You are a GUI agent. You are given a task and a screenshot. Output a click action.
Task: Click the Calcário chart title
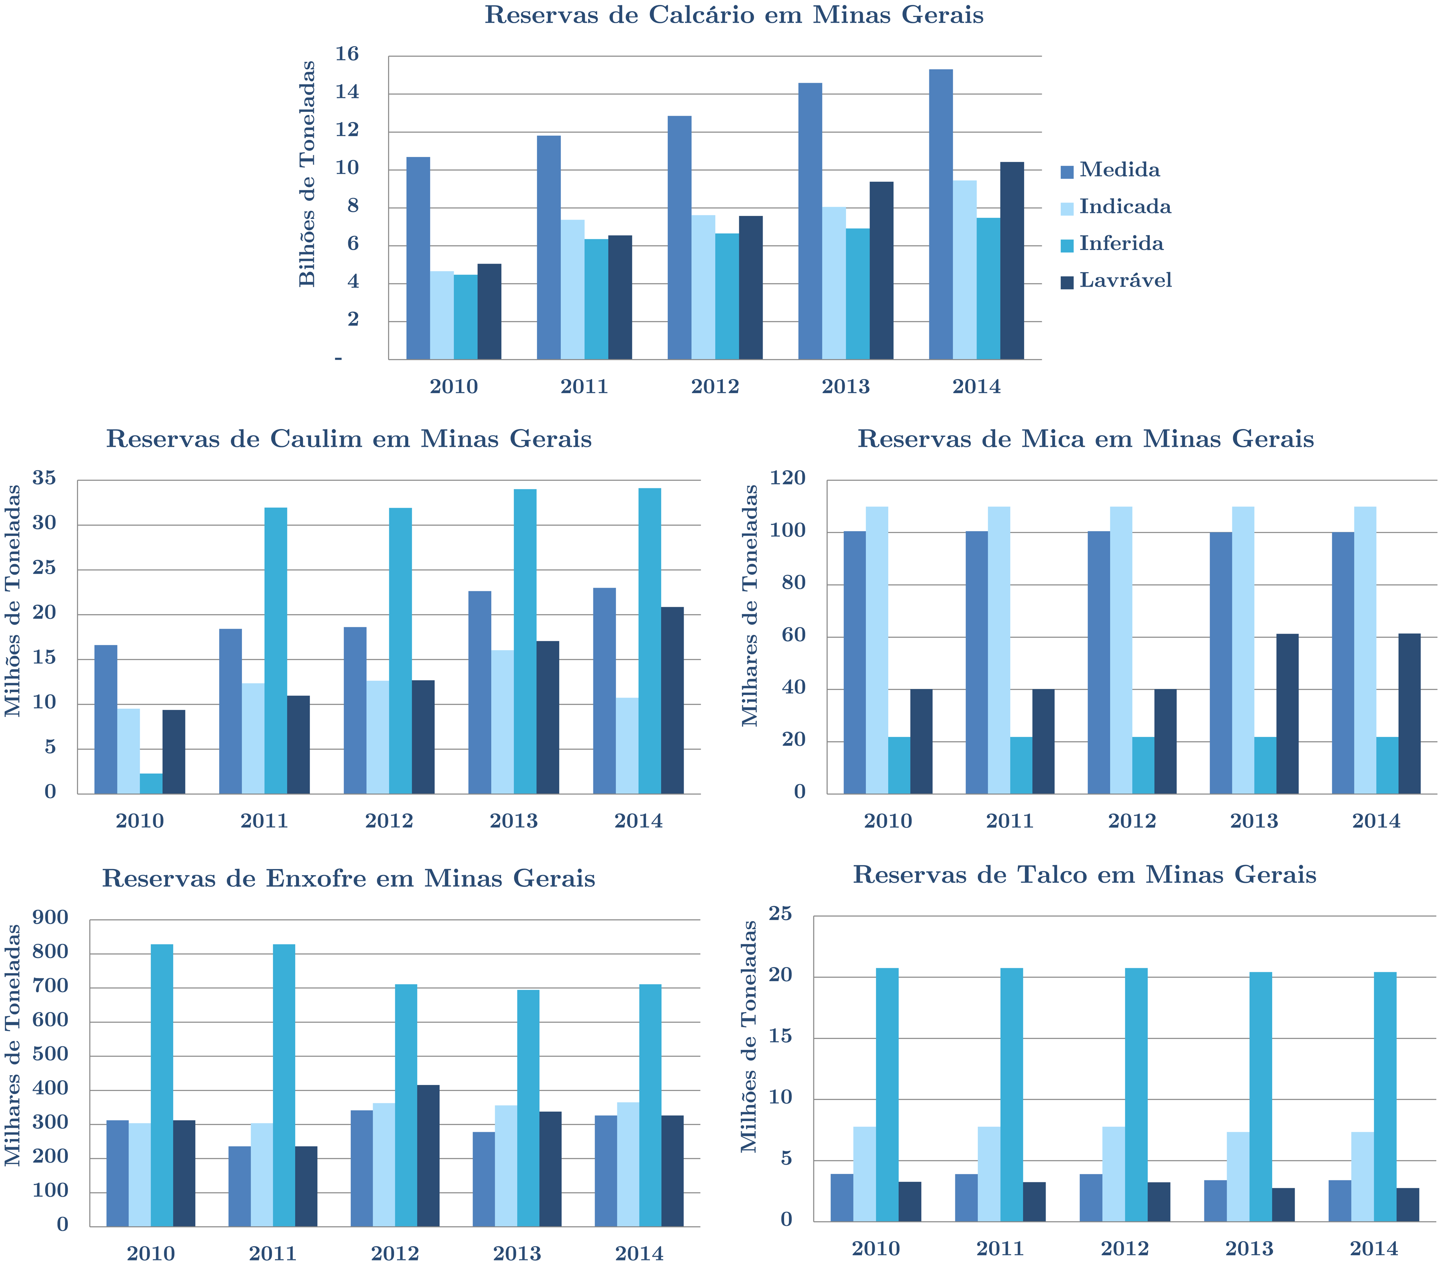coord(734,15)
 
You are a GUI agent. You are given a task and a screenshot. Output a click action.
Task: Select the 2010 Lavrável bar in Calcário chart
coord(489,312)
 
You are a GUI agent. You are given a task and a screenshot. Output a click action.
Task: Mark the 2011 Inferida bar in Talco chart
coord(1012,1095)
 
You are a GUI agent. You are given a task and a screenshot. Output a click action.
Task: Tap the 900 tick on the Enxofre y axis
coord(51,918)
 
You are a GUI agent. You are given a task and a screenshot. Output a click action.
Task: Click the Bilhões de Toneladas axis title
coord(307,174)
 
